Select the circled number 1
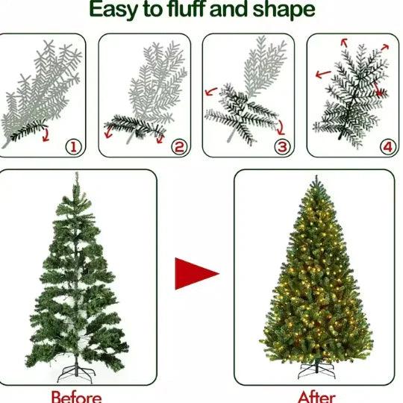(x=73, y=146)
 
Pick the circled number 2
(x=178, y=146)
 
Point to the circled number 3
(x=282, y=146)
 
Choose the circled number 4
(x=387, y=146)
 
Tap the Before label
(x=75, y=396)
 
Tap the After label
(x=317, y=396)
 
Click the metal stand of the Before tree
(x=75, y=369)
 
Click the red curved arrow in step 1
(x=48, y=135)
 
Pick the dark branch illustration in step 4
(x=351, y=93)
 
